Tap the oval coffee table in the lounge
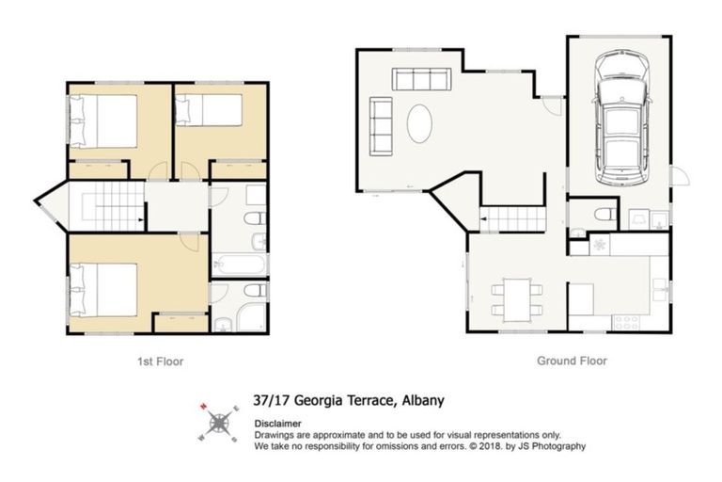coord(420,121)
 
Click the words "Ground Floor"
coord(572,361)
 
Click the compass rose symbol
coord(218,423)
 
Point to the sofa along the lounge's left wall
coord(382,120)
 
